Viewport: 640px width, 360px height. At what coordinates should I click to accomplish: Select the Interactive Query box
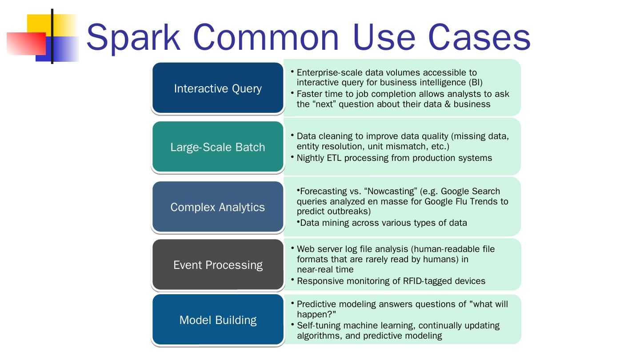[x=218, y=88]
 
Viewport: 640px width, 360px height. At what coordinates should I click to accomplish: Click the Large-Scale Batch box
[x=218, y=147]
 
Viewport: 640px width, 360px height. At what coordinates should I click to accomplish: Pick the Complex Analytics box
[x=218, y=207]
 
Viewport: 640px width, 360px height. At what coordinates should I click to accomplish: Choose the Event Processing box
[x=218, y=265]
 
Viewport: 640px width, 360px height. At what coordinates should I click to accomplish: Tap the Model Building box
[x=218, y=320]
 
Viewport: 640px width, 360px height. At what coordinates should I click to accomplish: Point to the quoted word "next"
[x=323, y=104]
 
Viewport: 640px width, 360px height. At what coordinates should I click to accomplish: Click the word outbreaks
[x=349, y=212]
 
